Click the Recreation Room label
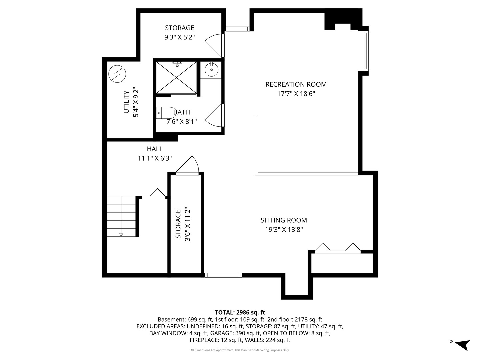296,84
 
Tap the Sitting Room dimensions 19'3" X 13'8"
284,230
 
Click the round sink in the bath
211,70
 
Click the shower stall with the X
177,77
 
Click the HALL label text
155,149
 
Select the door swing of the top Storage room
214,45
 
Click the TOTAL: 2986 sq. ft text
240,312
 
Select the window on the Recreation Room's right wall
366,50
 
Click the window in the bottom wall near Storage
223,275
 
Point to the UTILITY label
126,102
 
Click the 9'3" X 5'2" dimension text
179,37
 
